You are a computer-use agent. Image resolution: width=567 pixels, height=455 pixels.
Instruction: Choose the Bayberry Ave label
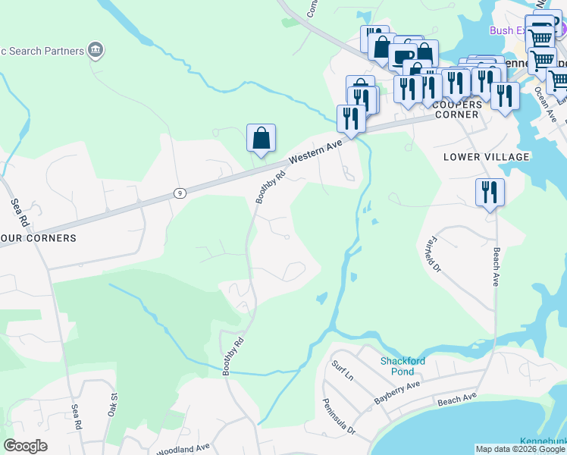tap(396, 392)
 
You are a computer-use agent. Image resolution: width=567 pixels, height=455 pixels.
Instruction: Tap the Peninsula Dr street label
tap(338, 416)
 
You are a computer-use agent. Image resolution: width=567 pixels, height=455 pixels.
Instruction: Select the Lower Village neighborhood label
tap(486, 157)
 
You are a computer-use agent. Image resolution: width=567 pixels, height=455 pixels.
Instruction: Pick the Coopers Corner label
tap(457, 109)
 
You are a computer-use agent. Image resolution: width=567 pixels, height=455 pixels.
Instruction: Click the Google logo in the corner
tap(25, 446)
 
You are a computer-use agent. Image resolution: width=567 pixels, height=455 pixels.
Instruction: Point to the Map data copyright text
tap(520, 449)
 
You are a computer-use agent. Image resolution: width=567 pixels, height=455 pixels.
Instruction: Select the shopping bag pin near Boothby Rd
tap(261, 139)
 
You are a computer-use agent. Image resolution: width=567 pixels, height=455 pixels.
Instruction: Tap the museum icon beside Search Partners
tap(96, 51)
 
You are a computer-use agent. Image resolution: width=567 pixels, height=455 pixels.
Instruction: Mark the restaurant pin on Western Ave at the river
tap(350, 118)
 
